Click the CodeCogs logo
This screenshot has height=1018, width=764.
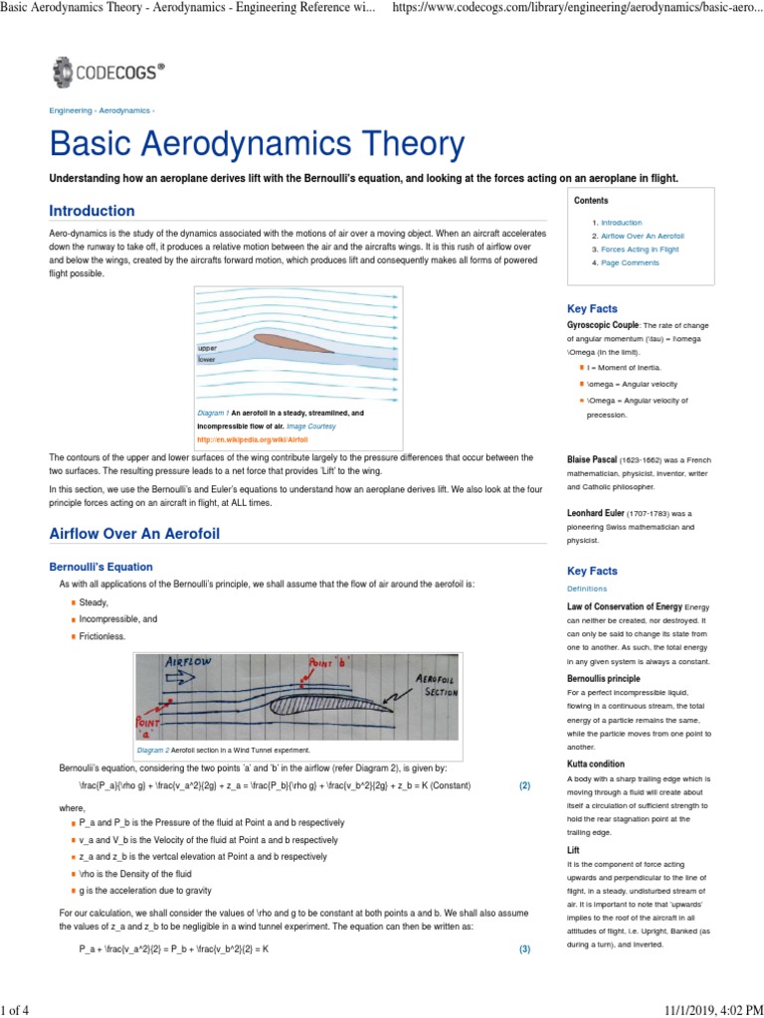108,72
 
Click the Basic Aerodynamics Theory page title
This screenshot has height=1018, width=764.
257,145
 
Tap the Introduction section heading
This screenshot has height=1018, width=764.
92,211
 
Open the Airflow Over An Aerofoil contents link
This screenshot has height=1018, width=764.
642,236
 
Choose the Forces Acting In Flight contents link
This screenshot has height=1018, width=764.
640,250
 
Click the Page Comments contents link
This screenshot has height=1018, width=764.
630,263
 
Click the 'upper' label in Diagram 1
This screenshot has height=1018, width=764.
207,349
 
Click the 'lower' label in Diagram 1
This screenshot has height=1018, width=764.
207,360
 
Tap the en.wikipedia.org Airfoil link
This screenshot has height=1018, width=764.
253,438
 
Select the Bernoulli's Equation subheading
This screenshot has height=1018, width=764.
100,567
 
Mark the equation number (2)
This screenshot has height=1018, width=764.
524,785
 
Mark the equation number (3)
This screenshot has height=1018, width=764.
524,949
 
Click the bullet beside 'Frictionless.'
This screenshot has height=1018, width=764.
73,635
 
